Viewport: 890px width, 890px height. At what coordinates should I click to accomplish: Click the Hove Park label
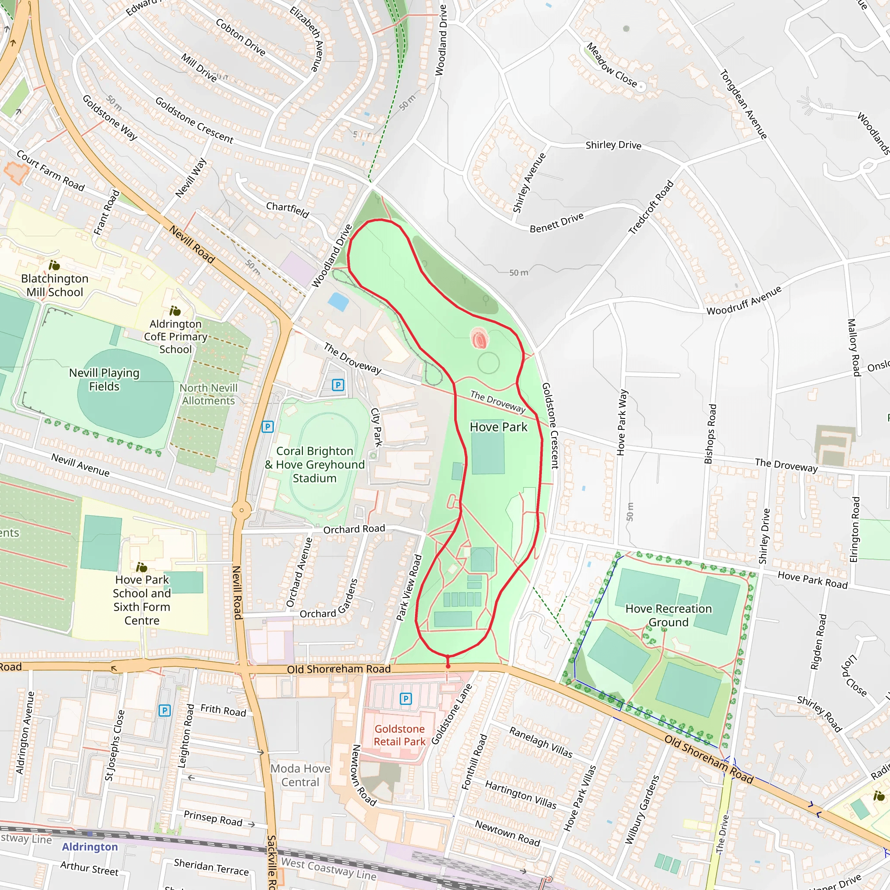pyautogui.click(x=498, y=427)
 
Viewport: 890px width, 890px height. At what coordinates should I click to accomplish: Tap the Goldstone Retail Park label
pyautogui.click(x=399, y=735)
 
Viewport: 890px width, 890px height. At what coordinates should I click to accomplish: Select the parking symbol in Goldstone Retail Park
pyautogui.click(x=405, y=699)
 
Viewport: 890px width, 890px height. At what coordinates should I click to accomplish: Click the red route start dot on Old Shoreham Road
pyautogui.click(x=448, y=666)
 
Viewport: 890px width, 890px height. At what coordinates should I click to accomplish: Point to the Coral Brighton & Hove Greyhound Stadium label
pyautogui.click(x=315, y=465)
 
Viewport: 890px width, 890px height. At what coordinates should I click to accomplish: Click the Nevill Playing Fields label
pyautogui.click(x=104, y=379)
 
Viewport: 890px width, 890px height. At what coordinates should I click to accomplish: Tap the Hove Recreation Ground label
pyautogui.click(x=668, y=615)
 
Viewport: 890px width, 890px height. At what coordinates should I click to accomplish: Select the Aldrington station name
pyautogui.click(x=90, y=847)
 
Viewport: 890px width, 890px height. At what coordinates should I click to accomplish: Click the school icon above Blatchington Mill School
pyautogui.click(x=54, y=266)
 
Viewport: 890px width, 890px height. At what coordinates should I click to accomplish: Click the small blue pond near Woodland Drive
pyautogui.click(x=338, y=302)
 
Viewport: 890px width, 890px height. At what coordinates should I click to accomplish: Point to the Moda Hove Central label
pyautogui.click(x=300, y=775)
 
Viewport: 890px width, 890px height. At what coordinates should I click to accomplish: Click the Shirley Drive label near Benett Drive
pyautogui.click(x=613, y=145)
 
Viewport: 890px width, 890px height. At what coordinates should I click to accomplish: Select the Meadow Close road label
pyautogui.click(x=612, y=65)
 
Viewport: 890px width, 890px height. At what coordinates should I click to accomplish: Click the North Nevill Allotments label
pyautogui.click(x=209, y=394)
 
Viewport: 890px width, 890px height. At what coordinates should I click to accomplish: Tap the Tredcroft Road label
pyautogui.click(x=651, y=208)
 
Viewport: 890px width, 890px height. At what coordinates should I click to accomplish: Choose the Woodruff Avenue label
pyautogui.click(x=744, y=300)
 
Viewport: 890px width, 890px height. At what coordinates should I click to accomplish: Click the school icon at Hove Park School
pyautogui.click(x=141, y=567)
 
